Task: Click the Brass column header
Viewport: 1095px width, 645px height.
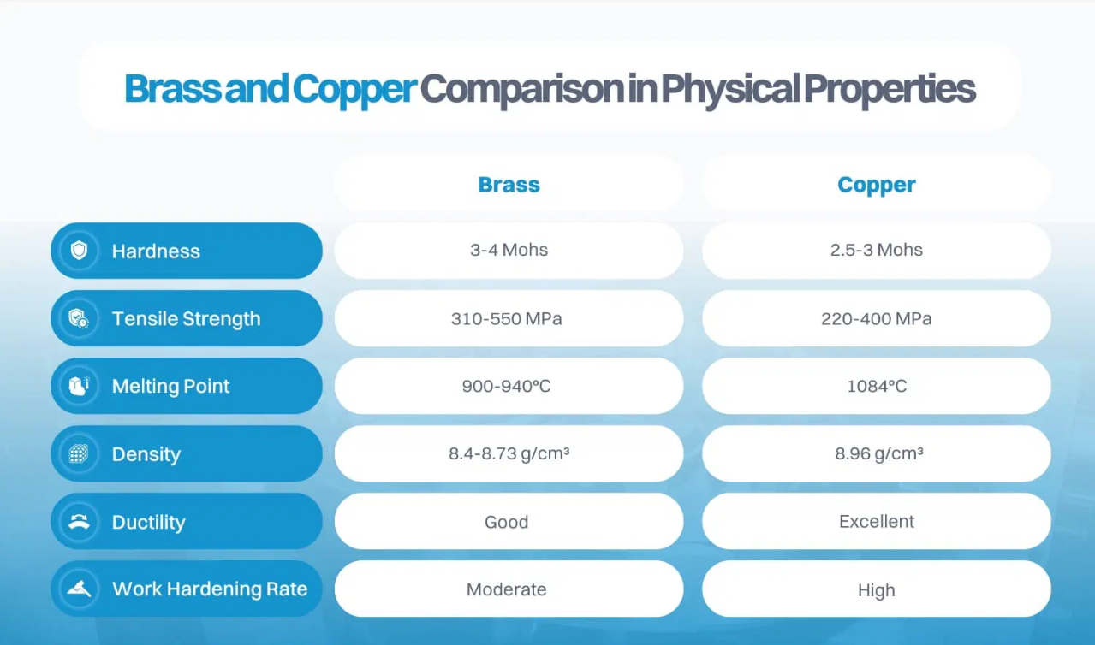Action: [509, 185]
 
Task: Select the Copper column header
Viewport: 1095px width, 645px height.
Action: [876, 185]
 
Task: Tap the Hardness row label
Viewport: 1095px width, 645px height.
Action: [156, 251]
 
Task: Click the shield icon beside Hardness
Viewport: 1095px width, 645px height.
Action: [80, 251]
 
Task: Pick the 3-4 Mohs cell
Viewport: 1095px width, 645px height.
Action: [509, 251]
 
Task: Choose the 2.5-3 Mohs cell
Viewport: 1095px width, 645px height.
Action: [876, 251]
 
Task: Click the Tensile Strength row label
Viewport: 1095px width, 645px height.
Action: [186, 319]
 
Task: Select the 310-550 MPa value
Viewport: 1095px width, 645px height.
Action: [507, 319]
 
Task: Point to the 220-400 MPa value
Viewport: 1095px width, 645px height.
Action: [876, 319]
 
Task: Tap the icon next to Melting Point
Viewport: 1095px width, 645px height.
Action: [80, 386]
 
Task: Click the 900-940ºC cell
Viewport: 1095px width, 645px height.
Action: [507, 387]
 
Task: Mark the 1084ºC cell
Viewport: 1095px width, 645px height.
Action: [876, 387]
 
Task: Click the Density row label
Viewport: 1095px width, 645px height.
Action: [146, 454]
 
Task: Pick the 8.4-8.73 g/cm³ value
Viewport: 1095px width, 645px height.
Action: [509, 454]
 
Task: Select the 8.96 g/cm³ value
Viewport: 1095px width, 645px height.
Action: [878, 454]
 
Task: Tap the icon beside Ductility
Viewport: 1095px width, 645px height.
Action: [80, 522]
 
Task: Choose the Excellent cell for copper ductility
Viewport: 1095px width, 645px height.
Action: [876, 522]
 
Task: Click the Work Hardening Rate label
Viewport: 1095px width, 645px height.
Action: [210, 589]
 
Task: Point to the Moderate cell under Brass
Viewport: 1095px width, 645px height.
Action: [507, 590]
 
